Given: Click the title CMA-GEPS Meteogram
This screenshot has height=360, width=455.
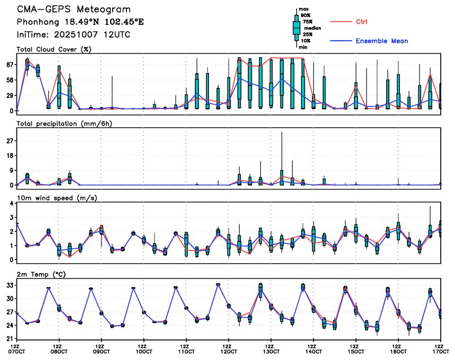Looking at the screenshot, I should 74,10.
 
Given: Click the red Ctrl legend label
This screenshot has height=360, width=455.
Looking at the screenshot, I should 361,22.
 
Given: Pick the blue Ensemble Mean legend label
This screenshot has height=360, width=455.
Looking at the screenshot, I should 381,41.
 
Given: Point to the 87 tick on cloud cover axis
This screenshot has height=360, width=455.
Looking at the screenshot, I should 10,65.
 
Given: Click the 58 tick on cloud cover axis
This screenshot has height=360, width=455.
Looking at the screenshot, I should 10,80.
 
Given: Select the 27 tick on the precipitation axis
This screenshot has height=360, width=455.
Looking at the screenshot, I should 10,141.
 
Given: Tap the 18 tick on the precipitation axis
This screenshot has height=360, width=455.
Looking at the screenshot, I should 10,156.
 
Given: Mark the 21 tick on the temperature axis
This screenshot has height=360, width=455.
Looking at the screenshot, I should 10,339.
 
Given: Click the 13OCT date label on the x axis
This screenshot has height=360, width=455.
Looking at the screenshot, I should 271,351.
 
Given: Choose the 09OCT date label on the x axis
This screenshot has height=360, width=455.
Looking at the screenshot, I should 101,351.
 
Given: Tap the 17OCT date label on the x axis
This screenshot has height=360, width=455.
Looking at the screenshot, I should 440,351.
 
